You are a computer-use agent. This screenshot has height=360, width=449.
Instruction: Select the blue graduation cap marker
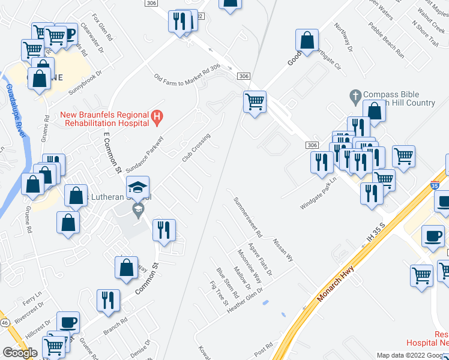[x=138, y=187]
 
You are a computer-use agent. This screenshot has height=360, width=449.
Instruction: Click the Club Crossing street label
[x=196, y=147]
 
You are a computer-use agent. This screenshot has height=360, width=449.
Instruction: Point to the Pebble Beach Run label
[x=387, y=40]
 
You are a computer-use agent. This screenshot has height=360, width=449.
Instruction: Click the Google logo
[x=19, y=353]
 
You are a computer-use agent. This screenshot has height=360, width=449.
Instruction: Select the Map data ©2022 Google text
[x=412, y=355]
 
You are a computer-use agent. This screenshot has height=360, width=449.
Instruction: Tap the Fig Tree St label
[x=218, y=293]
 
